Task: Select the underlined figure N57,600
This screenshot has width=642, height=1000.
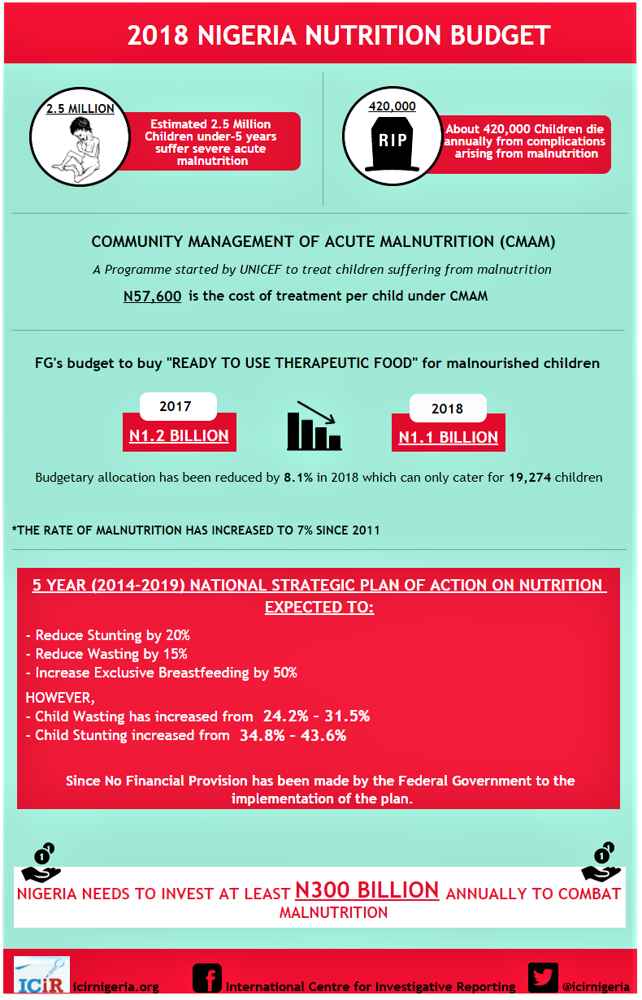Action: pyautogui.click(x=152, y=297)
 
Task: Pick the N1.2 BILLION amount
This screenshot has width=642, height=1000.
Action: pyautogui.click(x=179, y=435)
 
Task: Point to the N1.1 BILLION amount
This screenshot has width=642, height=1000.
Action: pyautogui.click(x=448, y=437)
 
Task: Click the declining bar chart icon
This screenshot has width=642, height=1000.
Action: pyautogui.click(x=314, y=427)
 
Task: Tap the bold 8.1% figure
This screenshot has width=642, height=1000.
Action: pyautogui.click(x=298, y=478)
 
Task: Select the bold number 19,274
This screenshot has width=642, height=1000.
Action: pyautogui.click(x=530, y=478)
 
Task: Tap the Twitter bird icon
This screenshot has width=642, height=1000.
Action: pyautogui.click(x=542, y=977)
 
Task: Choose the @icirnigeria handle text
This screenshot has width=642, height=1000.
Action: pyautogui.click(x=596, y=986)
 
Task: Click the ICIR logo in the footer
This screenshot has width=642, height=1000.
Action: pyautogui.click(x=41, y=975)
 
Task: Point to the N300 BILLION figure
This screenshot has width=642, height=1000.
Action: pyautogui.click(x=367, y=890)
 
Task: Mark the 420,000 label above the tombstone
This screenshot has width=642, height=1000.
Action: pyautogui.click(x=392, y=106)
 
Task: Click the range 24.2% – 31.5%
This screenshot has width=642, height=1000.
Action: pyautogui.click(x=316, y=716)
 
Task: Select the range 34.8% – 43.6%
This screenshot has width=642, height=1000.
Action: pyautogui.click(x=293, y=735)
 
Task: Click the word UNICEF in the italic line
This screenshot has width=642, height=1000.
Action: pyautogui.click(x=267, y=269)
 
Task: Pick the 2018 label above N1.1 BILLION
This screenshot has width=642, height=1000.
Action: pyautogui.click(x=447, y=409)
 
